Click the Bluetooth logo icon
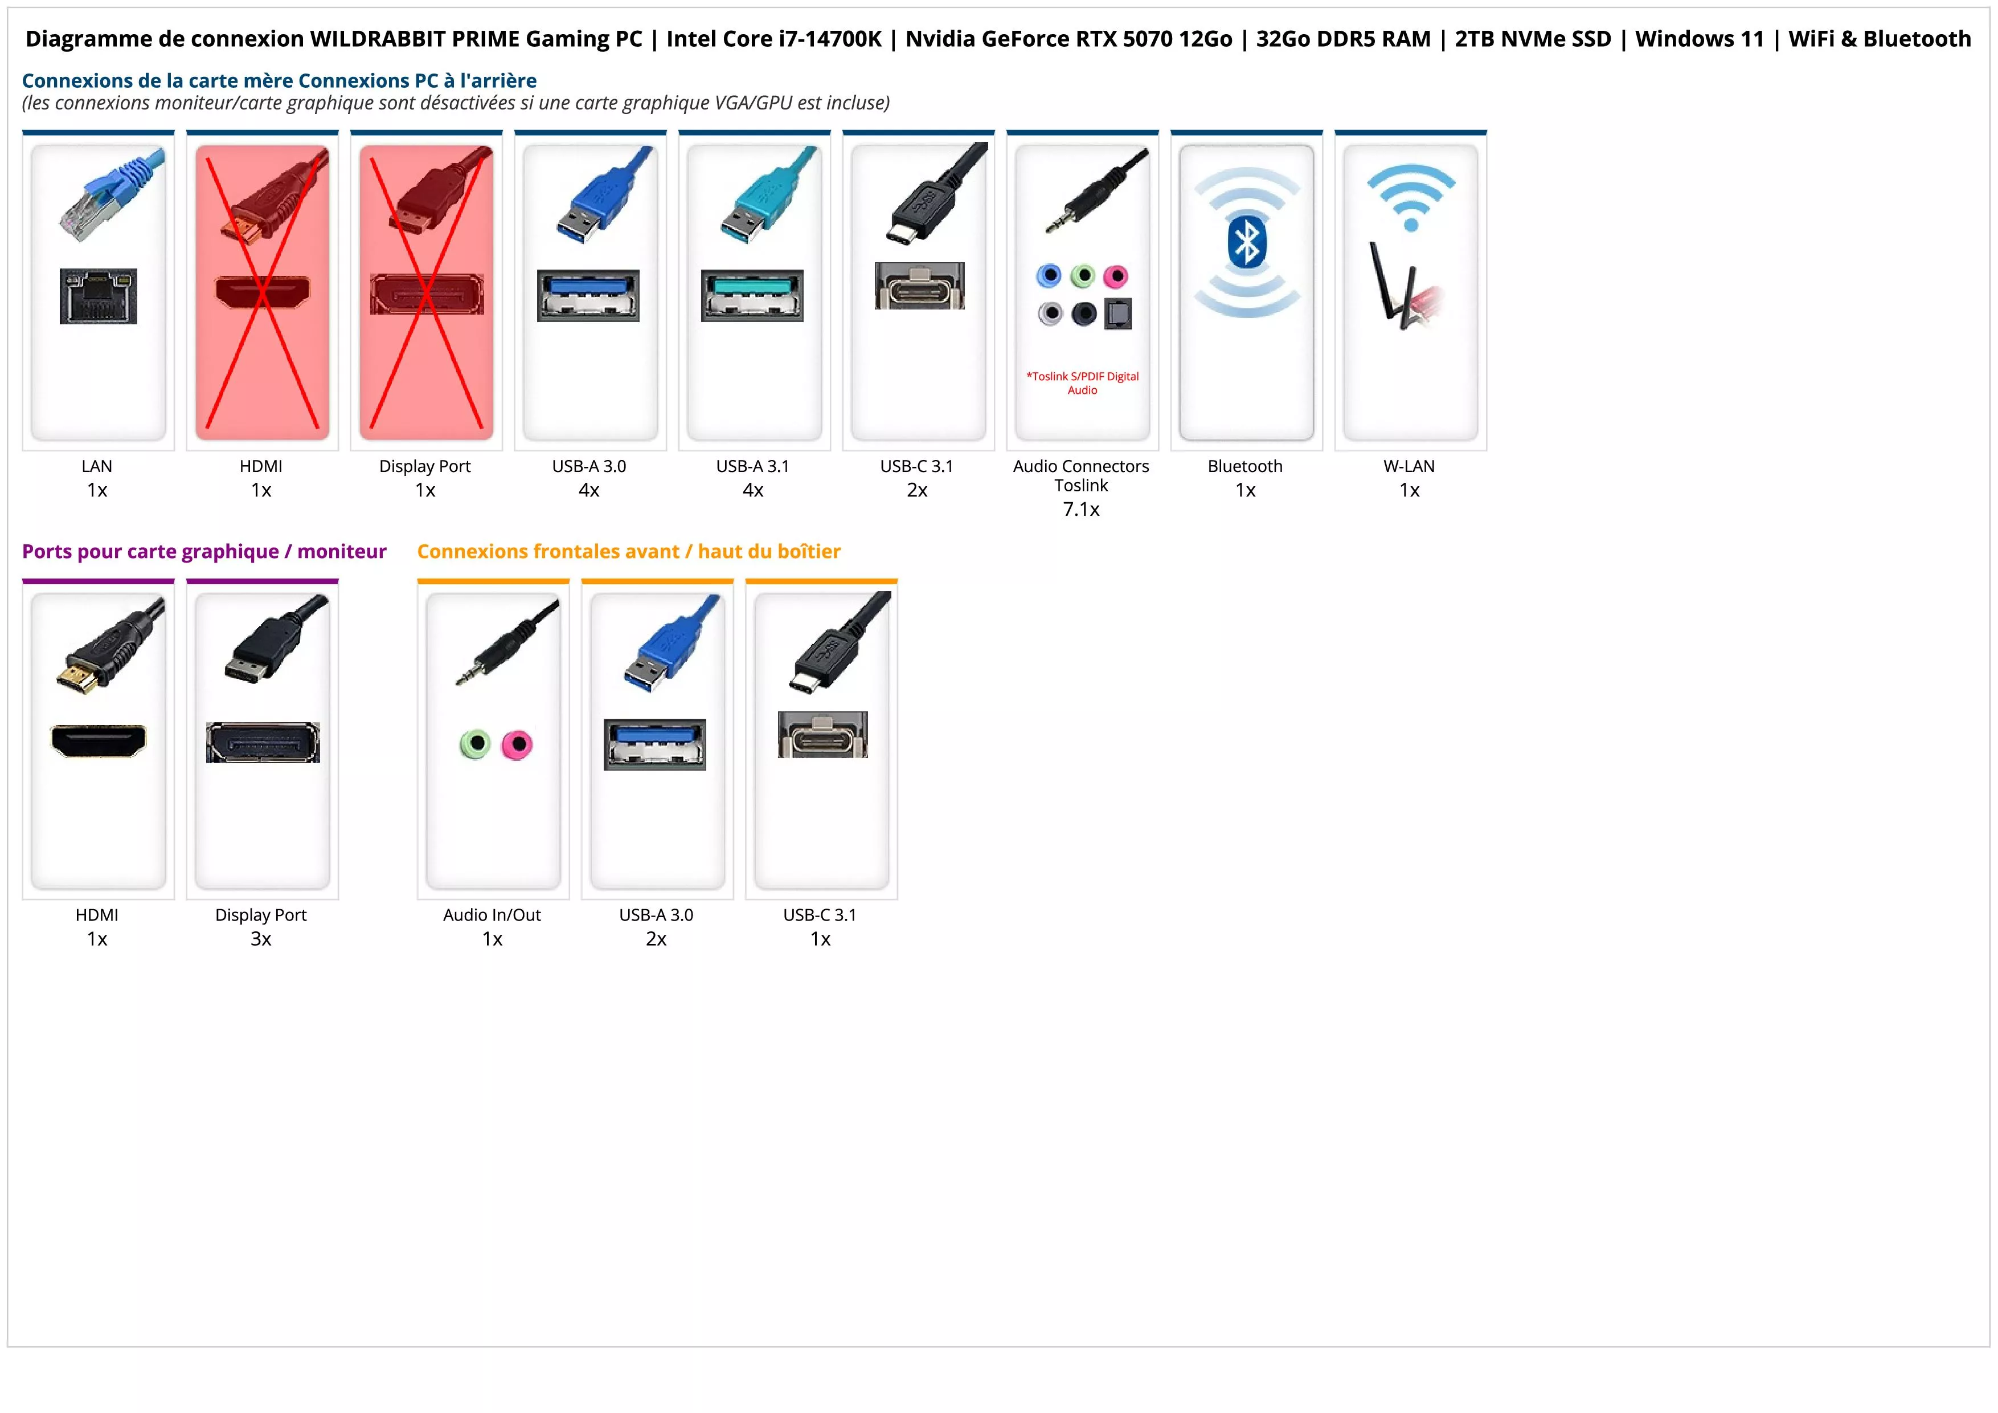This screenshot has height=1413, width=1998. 1246,243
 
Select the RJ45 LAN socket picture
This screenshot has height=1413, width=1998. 99,296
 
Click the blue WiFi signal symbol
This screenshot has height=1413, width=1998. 1411,198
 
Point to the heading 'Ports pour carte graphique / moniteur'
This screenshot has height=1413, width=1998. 204,551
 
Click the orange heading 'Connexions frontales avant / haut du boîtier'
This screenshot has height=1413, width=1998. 628,551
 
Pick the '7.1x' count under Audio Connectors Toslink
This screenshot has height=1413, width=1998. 1081,510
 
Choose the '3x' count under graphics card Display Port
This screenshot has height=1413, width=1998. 261,939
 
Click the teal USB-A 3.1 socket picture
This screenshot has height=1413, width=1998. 753,295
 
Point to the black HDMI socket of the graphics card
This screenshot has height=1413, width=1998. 99,741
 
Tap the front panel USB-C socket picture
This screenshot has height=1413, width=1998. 822,735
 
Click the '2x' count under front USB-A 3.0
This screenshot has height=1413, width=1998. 656,939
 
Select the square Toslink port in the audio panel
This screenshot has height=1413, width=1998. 1118,313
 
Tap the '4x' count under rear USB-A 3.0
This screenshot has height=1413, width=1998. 589,490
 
